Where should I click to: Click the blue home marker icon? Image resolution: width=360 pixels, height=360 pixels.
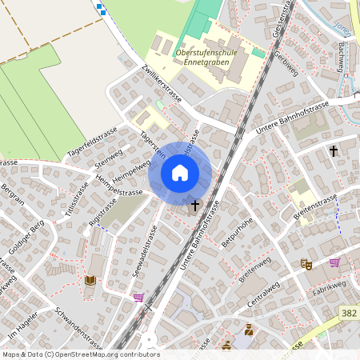(180, 172)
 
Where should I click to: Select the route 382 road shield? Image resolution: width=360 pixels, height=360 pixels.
(347, 314)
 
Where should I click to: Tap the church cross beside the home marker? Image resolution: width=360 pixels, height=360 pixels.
(194, 206)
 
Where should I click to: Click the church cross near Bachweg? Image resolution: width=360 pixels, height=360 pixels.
(333, 150)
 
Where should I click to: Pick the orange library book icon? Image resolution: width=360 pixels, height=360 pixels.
(90, 280)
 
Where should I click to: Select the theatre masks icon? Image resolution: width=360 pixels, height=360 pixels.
(305, 263)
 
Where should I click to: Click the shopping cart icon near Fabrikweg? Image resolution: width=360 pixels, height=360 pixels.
(334, 262)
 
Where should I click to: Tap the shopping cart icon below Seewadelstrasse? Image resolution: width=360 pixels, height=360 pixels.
(139, 298)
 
